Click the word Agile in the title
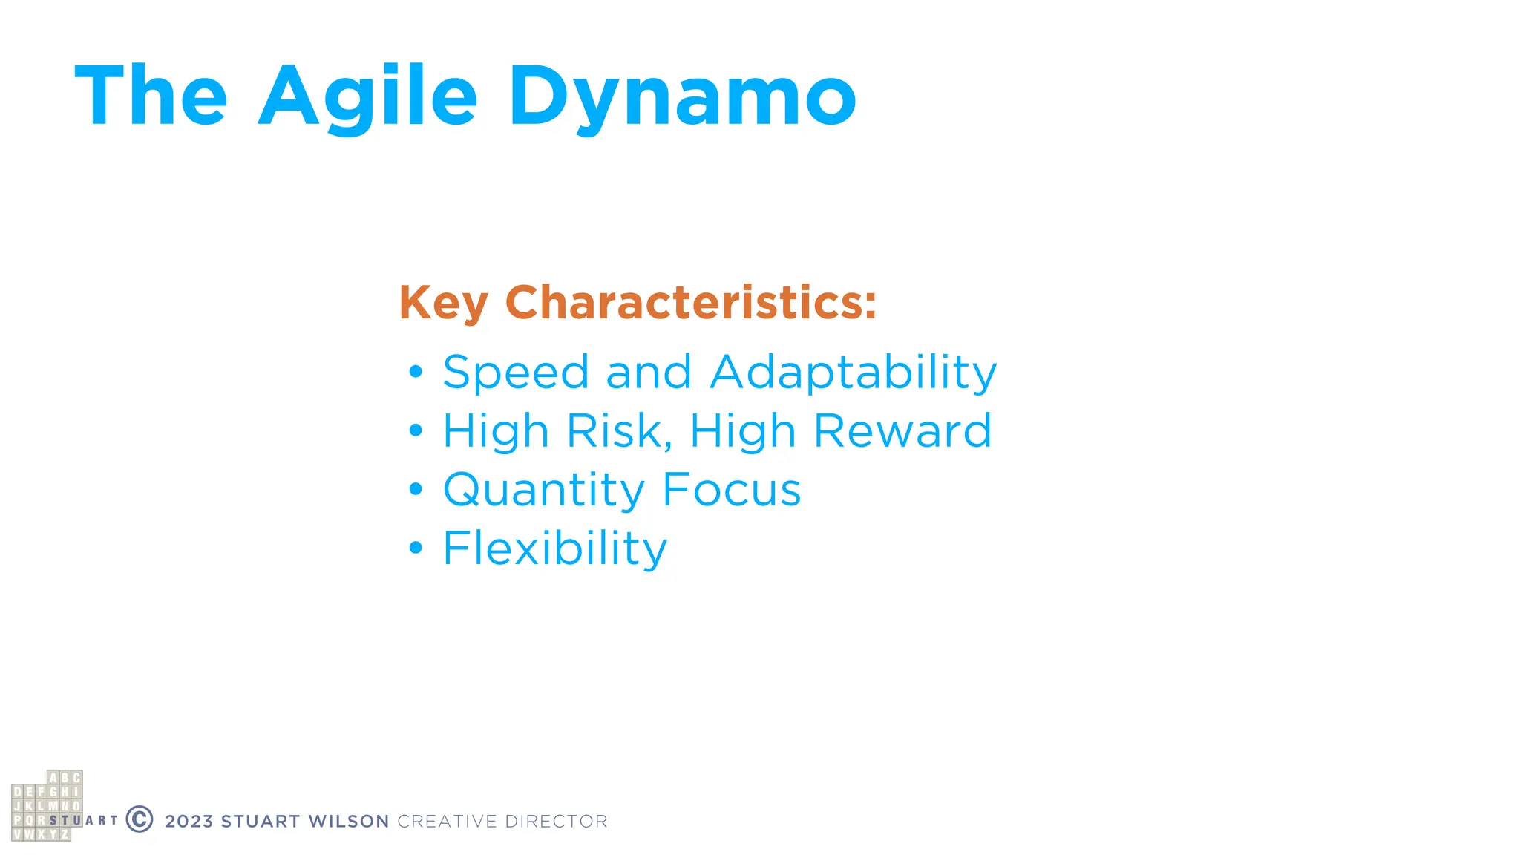tap(367, 96)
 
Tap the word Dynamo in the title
tap(682, 96)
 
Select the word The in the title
tap(151, 96)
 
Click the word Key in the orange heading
tap(443, 304)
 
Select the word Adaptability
tap(853, 373)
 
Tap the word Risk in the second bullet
tap(620, 431)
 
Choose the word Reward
tap(902, 431)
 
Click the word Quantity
tap(544, 491)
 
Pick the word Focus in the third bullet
tap(731, 490)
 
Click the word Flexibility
tap(555, 549)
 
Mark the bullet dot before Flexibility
tap(416, 548)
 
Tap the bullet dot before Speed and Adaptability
tap(416, 370)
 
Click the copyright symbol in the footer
tap(140, 819)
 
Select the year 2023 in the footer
tap(189, 822)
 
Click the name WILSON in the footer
tap(349, 822)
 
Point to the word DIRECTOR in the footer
tap(556, 822)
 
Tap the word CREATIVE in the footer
tap(447, 822)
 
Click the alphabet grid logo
tap(47, 806)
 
